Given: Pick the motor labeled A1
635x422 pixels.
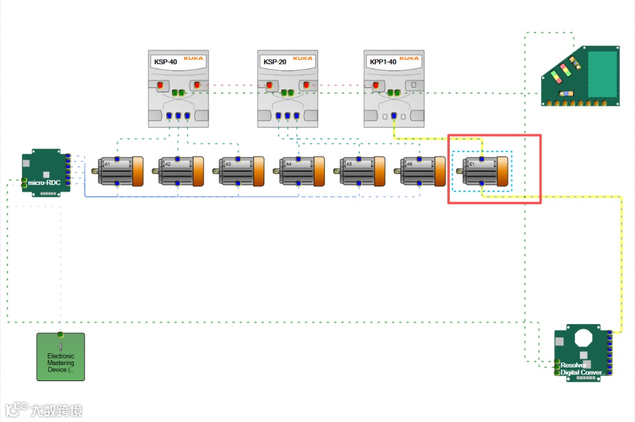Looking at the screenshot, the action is tap(118, 171).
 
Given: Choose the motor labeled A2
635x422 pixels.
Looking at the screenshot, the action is tap(178, 171).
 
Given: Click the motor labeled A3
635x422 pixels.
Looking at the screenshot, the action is tap(238, 171).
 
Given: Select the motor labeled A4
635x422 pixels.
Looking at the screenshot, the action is tap(298, 171).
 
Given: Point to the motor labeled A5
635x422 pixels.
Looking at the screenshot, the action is tap(359, 171).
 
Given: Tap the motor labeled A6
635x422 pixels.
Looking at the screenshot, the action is tap(419, 171).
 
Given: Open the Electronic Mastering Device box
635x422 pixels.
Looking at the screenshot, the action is tap(61, 358).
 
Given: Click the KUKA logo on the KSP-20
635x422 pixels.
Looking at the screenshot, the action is tap(303, 59).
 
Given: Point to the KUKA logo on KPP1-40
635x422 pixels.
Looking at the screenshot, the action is tap(409, 59).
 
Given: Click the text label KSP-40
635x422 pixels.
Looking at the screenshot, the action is tap(165, 62).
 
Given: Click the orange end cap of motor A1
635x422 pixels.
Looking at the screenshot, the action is tap(138, 171).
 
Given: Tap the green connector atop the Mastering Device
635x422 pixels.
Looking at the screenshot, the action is tap(60, 335).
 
